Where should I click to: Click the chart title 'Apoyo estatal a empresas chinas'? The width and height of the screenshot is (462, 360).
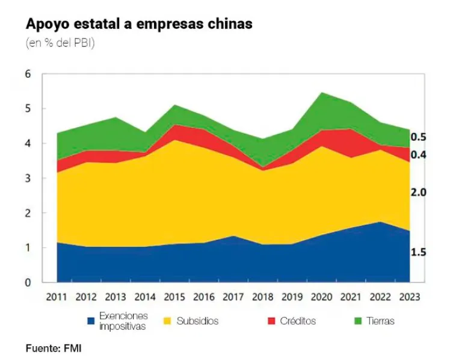pyautogui.click(x=138, y=24)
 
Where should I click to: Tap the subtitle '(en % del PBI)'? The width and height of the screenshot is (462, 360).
pyautogui.click(x=60, y=43)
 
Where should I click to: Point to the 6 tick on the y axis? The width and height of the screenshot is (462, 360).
pyautogui.click(x=26, y=75)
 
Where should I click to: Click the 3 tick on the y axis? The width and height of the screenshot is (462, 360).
pyautogui.click(x=26, y=179)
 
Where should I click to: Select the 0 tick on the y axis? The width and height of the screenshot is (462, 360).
pyautogui.click(x=26, y=283)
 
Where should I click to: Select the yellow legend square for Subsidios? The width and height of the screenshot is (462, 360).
pyautogui.click(x=168, y=321)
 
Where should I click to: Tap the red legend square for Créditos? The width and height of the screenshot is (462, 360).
pyautogui.click(x=271, y=321)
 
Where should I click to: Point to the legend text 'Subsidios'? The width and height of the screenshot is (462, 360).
pyautogui.click(x=197, y=321)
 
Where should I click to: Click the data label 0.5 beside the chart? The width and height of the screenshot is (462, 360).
pyautogui.click(x=418, y=137)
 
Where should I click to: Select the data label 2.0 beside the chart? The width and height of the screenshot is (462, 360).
pyautogui.click(x=418, y=193)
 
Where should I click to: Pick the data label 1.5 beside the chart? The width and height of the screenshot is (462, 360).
pyautogui.click(x=418, y=253)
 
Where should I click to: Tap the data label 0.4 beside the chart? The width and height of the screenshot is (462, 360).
pyautogui.click(x=418, y=155)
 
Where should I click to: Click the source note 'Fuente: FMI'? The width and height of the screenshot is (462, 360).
pyautogui.click(x=53, y=348)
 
